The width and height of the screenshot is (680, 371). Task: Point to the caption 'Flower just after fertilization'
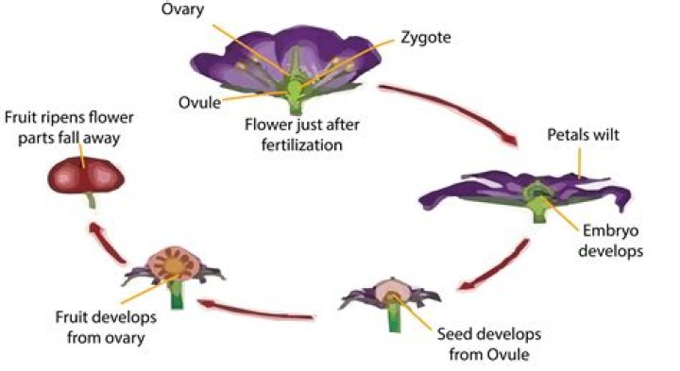pos(294,132)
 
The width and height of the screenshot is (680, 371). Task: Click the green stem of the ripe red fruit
pos(91,201)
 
